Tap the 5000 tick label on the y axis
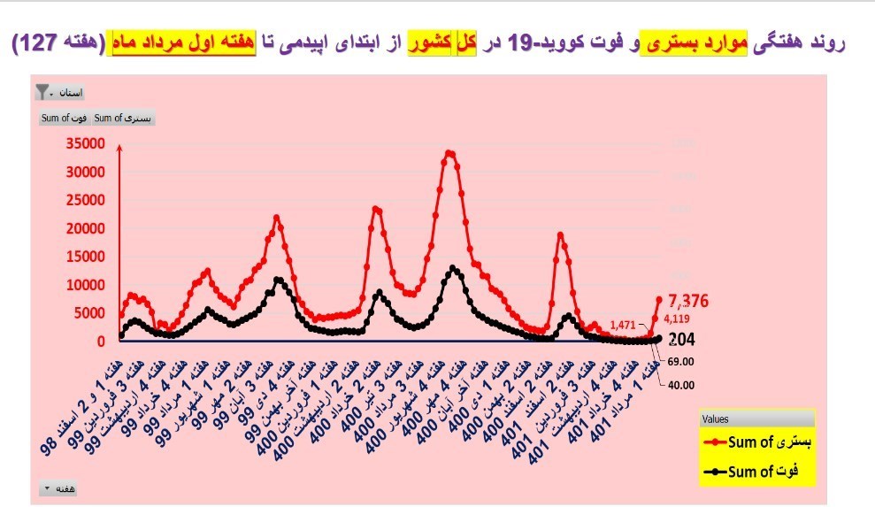[94, 313]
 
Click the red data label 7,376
[690, 300]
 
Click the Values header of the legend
[716, 419]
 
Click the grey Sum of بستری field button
[123, 118]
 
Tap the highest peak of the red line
[449, 153]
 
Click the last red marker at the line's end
[658, 299]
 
